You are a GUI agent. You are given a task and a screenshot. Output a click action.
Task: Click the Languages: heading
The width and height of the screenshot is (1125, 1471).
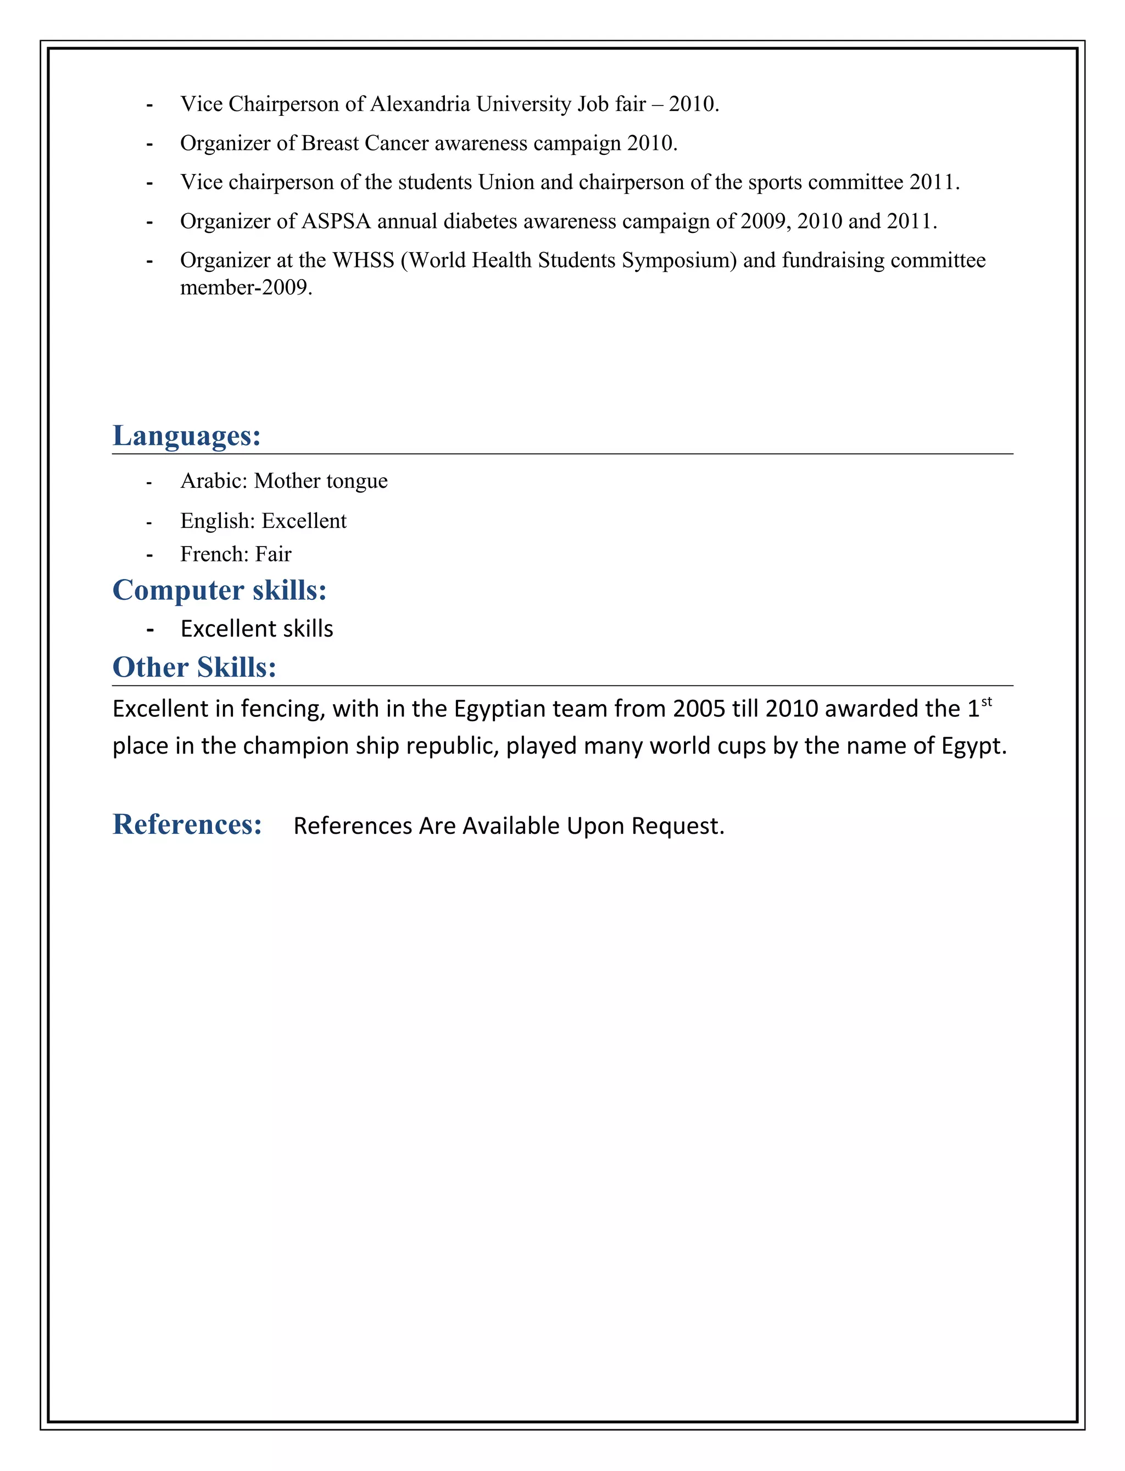[186, 436]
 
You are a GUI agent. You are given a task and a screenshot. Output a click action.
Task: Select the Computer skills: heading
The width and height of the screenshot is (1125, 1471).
[219, 590]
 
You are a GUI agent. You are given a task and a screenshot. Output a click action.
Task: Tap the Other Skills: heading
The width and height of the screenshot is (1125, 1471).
[194, 667]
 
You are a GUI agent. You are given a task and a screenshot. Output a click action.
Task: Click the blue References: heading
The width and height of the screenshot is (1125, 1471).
[187, 824]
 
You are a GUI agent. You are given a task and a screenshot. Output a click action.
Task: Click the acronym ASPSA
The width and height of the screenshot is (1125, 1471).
[336, 221]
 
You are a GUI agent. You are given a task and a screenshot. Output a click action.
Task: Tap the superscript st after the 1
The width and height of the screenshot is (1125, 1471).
[987, 701]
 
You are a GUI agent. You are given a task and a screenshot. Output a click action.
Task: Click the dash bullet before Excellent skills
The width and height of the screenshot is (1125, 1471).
[150, 630]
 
